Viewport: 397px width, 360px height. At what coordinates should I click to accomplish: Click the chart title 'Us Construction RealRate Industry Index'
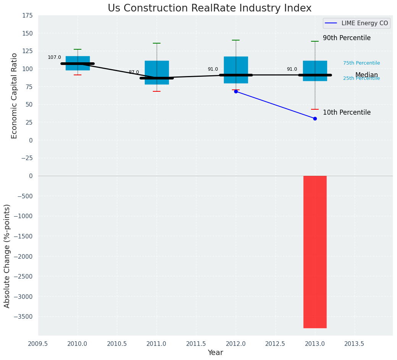point(209,8)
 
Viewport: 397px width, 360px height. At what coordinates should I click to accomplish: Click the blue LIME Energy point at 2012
point(236,91)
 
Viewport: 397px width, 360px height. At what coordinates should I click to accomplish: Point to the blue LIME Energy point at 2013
point(315,118)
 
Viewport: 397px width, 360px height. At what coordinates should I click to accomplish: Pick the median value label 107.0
point(54,57)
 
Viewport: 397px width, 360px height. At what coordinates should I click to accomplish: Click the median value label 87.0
point(134,72)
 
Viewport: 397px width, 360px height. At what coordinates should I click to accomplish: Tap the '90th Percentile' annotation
point(347,38)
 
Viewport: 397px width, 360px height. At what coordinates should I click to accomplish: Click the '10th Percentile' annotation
point(347,112)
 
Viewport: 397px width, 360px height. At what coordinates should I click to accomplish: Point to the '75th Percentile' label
point(361,63)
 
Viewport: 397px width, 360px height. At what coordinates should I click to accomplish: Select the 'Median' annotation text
point(366,75)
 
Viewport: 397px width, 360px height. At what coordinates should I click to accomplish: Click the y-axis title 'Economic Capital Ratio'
point(15,96)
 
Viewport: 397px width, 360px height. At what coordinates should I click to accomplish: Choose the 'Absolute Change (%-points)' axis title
point(7,256)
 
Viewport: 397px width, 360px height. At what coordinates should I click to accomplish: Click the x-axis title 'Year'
point(215,353)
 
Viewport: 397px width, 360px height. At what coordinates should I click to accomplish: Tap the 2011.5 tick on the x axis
point(196,344)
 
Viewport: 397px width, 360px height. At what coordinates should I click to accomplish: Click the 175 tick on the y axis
point(27,16)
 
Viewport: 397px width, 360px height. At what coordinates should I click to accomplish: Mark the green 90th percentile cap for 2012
point(236,40)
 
